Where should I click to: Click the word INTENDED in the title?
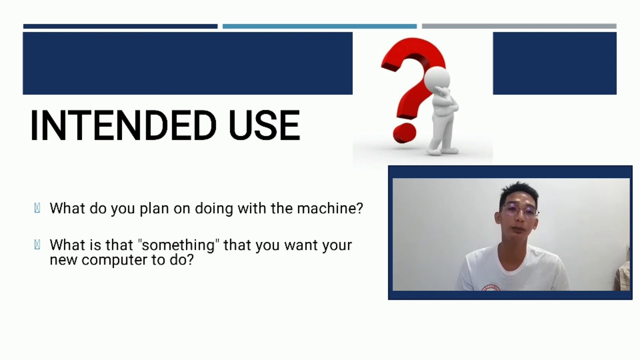[x=122, y=125]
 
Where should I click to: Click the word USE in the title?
[x=264, y=125]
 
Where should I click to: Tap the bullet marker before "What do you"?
[x=37, y=208]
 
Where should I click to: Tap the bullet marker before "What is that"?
[x=37, y=245]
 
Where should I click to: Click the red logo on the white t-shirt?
[x=491, y=287]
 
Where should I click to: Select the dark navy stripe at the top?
[x=120, y=26]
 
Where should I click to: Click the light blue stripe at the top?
[x=319, y=26]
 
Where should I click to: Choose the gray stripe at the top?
[x=518, y=26]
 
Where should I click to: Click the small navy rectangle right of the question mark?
[x=554, y=63]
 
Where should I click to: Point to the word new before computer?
[x=63, y=260]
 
